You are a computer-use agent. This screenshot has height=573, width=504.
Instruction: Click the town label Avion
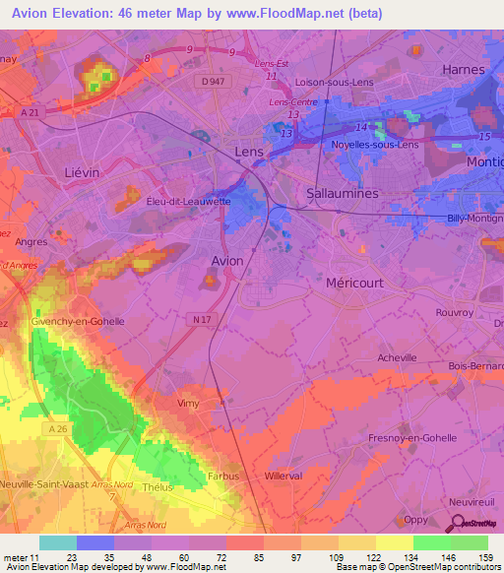(227, 260)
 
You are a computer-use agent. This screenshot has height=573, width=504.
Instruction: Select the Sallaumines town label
(343, 194)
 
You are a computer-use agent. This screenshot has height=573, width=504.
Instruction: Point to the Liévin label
(82, 171)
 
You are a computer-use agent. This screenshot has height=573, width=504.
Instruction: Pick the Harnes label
(464, 70)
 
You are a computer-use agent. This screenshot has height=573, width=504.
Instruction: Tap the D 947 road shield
(208, 80)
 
